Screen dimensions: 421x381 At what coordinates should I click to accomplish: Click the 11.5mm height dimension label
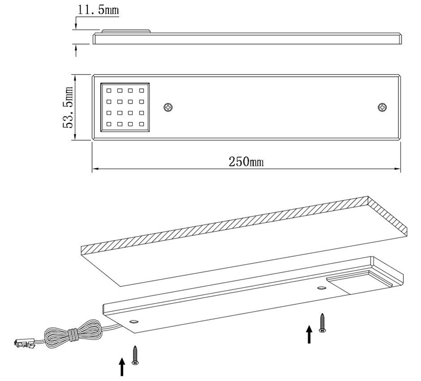[x=98, y=9]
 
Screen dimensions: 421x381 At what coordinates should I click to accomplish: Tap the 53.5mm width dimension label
[x=68, y=108]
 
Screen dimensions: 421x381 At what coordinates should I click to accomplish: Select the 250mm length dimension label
[x=246, y=161]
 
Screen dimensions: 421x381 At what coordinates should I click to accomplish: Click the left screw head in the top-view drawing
[x=168, y=108]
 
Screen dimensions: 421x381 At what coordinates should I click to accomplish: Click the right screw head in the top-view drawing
[x=382, y=108]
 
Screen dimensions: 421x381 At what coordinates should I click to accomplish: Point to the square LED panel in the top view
[x=125, y=108]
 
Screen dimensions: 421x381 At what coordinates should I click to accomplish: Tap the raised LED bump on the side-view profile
[x=126, y=31]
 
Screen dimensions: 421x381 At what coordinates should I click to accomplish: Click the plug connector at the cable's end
[x=24, y=344]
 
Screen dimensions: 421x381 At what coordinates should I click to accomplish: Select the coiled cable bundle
[x=73, y=334]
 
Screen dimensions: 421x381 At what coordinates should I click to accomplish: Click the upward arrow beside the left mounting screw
[x=122, y=367]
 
